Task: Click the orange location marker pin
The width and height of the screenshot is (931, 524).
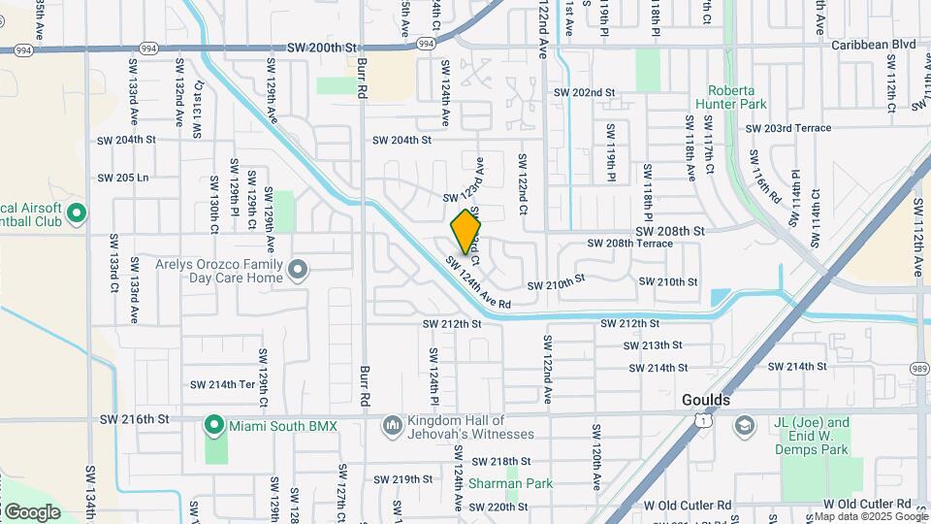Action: pyautogui.click(x=466, y=231)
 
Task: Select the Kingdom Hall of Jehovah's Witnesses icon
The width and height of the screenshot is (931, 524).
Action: pyautogui.click(x=393, y=425)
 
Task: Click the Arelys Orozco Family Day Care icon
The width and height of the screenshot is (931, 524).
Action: pyautogui.click(x=298, y=269)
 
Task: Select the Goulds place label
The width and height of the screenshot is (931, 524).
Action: pyautogui.click(x=705, y=400)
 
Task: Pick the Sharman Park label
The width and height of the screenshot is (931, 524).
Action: pyautogui.click(x=510, y=483)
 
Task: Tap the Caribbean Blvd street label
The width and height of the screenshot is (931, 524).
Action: pyautogui.click(x=873, y=45)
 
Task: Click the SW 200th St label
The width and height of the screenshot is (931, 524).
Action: pyautogui.click(x=323, y=47)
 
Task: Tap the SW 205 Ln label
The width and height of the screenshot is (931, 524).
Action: pyautogui.click(x=123, y=178)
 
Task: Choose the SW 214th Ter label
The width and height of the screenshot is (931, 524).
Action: pyautogui.click(x=222, y=384)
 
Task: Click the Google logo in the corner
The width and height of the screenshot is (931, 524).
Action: pyautogui.click(x=31, y=511)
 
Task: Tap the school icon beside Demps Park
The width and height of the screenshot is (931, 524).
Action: pyautogui.click(x=744, y=425)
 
